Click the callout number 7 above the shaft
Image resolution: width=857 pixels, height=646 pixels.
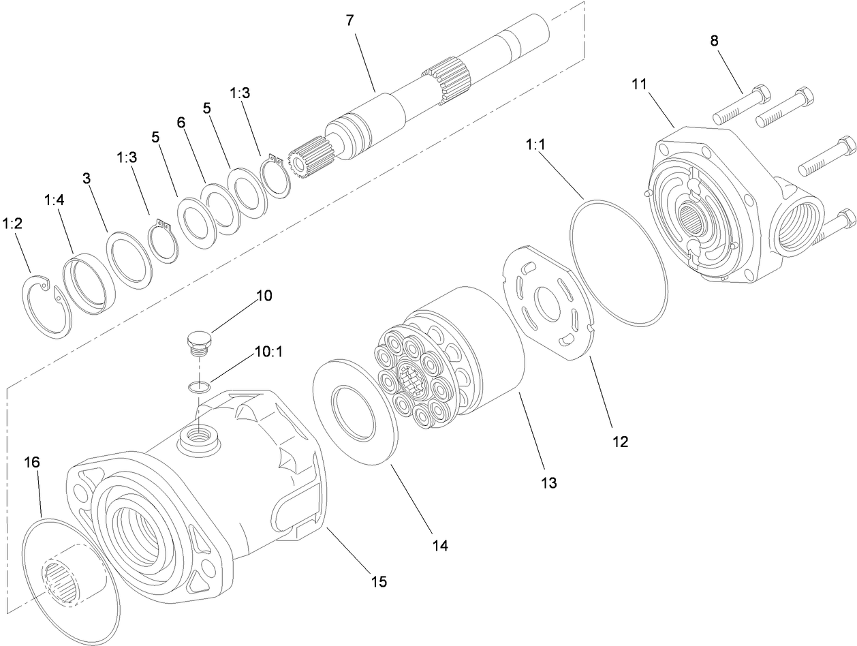349,20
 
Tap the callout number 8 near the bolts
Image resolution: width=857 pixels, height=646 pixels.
714,40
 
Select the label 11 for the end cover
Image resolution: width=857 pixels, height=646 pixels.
638,84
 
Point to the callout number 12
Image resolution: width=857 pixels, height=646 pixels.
620,442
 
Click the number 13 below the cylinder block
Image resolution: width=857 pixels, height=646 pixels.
548,483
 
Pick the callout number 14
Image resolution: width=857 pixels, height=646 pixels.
441,545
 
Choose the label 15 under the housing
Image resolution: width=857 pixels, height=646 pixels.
379,581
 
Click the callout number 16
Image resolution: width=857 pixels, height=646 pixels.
32,463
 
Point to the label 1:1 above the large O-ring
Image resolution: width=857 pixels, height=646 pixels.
535,145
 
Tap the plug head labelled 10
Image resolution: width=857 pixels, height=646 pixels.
198,338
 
